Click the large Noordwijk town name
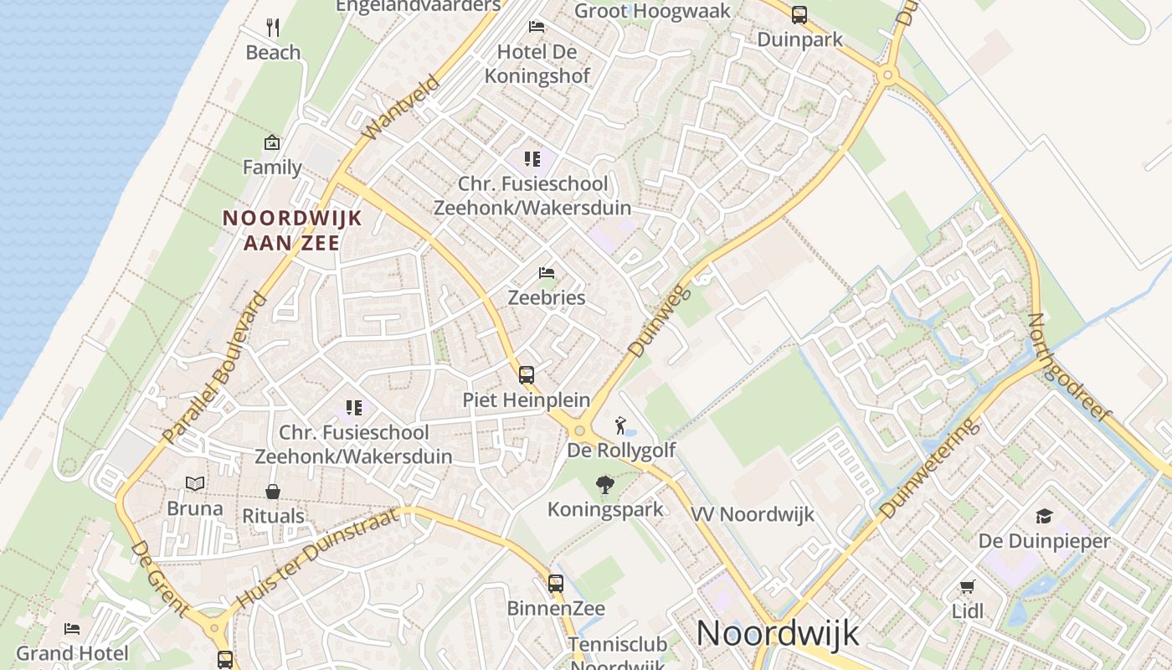777,633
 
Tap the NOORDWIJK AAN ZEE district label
291,230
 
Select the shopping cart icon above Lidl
968,586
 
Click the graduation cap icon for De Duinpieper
1044,516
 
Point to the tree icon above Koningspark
604,485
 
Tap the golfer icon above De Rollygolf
620,425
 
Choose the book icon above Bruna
195,484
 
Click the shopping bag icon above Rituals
273,491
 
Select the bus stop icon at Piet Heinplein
527,375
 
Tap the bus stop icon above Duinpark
799,14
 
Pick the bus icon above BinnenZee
556,584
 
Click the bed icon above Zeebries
547,273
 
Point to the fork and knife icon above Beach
273,27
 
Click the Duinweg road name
659,321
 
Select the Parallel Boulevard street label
216,368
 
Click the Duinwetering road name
929,467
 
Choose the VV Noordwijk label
753,514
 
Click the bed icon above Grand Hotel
72,628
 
